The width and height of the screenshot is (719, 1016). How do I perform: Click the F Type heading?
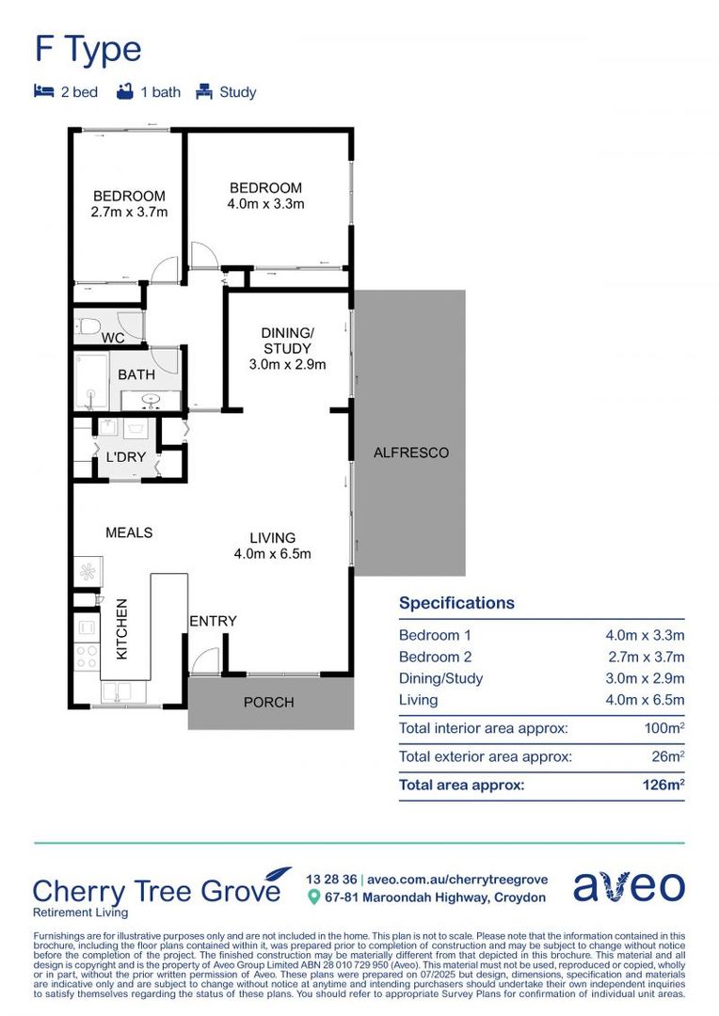(88, 49)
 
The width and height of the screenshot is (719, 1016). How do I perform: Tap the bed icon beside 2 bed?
(43, 92)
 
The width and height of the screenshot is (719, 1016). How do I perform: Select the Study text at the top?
(237, 92)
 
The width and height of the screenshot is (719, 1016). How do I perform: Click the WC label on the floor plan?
(113, 337)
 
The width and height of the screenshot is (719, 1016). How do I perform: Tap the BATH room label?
(136, 374)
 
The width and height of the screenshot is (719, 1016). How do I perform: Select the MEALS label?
(129, 532)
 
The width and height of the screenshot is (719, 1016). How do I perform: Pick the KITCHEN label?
(120, 628)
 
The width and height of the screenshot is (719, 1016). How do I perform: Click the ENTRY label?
(213, 621)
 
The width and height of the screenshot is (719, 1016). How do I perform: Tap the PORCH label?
(269, 702)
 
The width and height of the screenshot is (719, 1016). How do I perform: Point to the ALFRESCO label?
(411, 452)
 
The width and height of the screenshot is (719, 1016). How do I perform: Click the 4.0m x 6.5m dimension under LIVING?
(272, 553)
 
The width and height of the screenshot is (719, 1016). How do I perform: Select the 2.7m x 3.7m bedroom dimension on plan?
(129, 212)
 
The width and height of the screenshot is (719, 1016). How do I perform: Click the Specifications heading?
(456, 603)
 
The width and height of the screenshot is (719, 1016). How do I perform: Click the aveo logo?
(629, 886)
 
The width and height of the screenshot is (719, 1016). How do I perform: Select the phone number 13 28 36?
(330, 879)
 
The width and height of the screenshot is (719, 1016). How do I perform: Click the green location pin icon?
(314, 897)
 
